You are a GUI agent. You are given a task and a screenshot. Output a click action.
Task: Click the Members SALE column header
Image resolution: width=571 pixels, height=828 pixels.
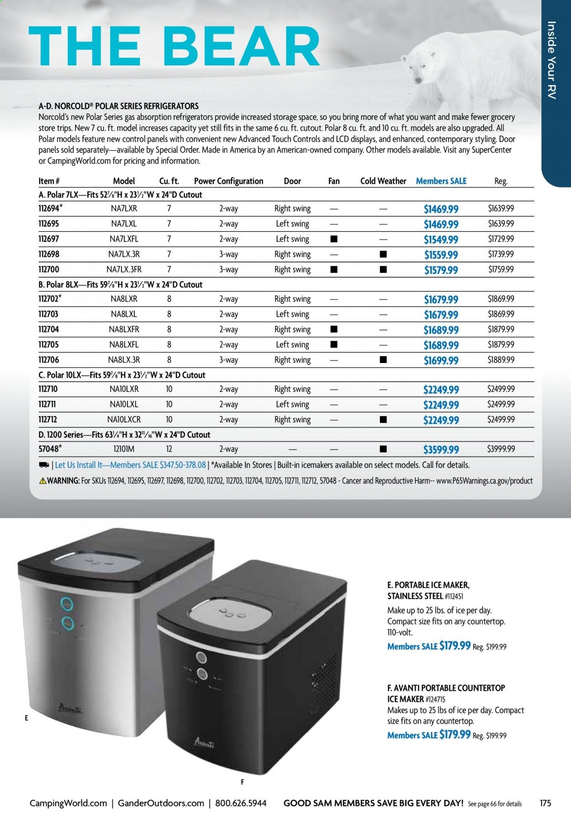[x=441, y=181]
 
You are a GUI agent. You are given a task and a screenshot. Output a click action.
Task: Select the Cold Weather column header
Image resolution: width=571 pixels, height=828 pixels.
[x=383, y=181]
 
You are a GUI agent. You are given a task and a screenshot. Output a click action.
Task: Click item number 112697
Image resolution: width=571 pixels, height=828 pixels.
[x=49, y=239]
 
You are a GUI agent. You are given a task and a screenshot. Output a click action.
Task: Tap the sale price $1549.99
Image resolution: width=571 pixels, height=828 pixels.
[x=441, y=240]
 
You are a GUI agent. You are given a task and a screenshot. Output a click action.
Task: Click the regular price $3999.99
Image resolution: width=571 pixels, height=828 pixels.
[x=501, y=449]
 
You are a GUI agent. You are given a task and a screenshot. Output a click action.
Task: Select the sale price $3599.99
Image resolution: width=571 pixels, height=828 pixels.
[x=441, y=450]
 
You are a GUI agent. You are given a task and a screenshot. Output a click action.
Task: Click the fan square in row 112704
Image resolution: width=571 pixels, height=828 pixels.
[x=334, y=329]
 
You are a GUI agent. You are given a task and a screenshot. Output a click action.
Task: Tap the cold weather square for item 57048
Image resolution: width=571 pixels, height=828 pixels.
[x=383, y=449]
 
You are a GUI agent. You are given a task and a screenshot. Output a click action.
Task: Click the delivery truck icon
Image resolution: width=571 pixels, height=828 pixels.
[x=44, y=465]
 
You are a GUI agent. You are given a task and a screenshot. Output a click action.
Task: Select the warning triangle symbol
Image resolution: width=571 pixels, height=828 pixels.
[x=42, y=481]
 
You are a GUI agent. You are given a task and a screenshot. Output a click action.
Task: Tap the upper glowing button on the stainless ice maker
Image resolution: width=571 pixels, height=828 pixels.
[x=68, y=604]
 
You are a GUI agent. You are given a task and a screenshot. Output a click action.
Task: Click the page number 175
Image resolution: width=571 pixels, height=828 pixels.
[x=545, y=803]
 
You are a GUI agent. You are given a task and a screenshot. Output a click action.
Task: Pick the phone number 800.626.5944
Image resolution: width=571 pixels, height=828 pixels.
[x=241, y=803]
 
